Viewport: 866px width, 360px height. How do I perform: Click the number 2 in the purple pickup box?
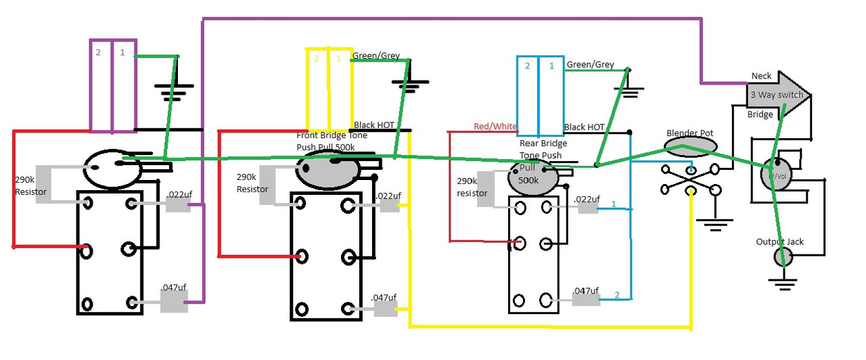click(98, 51)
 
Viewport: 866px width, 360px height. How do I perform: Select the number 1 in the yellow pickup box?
click(339, 59)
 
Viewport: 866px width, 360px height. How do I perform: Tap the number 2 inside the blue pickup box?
click(528, 66)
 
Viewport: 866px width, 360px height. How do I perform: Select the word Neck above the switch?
click(762, 76)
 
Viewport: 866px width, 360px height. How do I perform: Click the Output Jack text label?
click(780, 242)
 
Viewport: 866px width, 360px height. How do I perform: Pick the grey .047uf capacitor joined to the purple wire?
click(173, 302)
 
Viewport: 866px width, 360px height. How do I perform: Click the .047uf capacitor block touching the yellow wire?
click(386, 309)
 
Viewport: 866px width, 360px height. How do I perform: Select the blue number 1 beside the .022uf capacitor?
click(614, 204)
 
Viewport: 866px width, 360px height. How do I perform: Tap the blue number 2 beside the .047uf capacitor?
click(616, 295)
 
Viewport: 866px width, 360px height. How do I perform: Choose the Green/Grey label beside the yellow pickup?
click(376, 56)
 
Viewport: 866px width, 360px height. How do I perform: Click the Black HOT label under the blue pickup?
click(584, 127)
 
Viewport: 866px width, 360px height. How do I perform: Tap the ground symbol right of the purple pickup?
click(173, 89)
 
